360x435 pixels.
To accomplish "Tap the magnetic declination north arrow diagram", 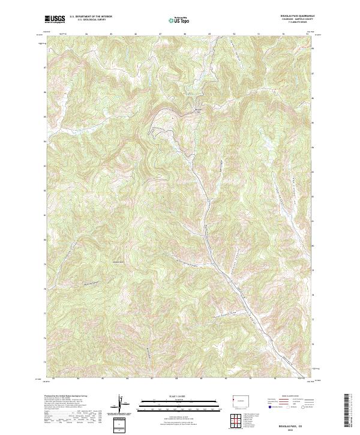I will click(124, 404).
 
